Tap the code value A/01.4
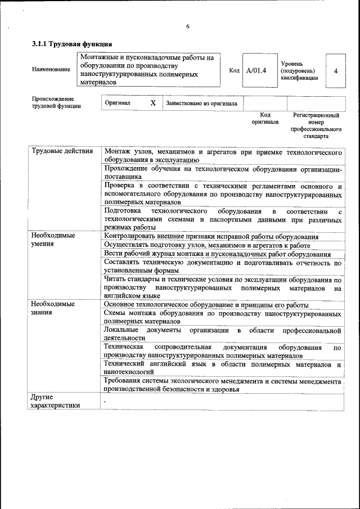click(x=256, y=70)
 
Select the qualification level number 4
click(x=336, y=71)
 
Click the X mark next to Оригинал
click(x=152, y=103)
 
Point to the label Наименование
click(x=51, y=69)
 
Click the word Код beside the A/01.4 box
click(x=235, y=70)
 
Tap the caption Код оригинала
click(x=264, y=118)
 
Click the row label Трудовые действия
click(x=62, y=152)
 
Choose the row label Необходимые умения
click(x=54, y=240)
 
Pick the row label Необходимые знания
click(x=54, y=308)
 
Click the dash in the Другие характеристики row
click(x=105, y=402)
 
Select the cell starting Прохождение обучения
click(x=223, y=172)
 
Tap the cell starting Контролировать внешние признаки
click(x=211, y=237)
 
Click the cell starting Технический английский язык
click(x=223, y=368)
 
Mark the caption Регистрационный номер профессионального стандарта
click(x=316, y=125)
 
